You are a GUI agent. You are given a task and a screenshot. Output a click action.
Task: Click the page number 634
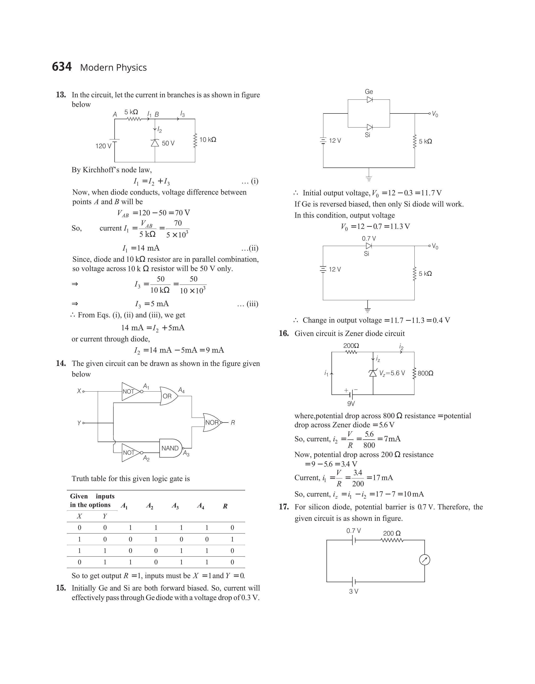coord(62,67)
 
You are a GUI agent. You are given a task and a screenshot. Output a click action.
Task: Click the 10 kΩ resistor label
coord(208,140)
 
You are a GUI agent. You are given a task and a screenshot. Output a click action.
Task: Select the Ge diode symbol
coord(370,100)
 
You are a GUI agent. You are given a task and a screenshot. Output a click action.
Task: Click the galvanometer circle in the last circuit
coord(424,560)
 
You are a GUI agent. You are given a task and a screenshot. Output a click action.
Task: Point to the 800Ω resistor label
coord(426,373)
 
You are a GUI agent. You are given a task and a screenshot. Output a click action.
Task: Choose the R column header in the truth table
coord(225,506)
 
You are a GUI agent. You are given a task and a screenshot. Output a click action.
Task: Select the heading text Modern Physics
coord(113,68)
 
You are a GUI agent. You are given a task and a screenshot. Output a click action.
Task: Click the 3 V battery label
coord(354,591)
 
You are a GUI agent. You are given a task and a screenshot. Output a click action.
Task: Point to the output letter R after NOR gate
coord(233,423)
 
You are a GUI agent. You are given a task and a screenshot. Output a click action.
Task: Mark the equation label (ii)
coord(250,248)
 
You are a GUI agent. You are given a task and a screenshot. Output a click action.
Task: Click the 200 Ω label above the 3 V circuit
coord(392,533)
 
